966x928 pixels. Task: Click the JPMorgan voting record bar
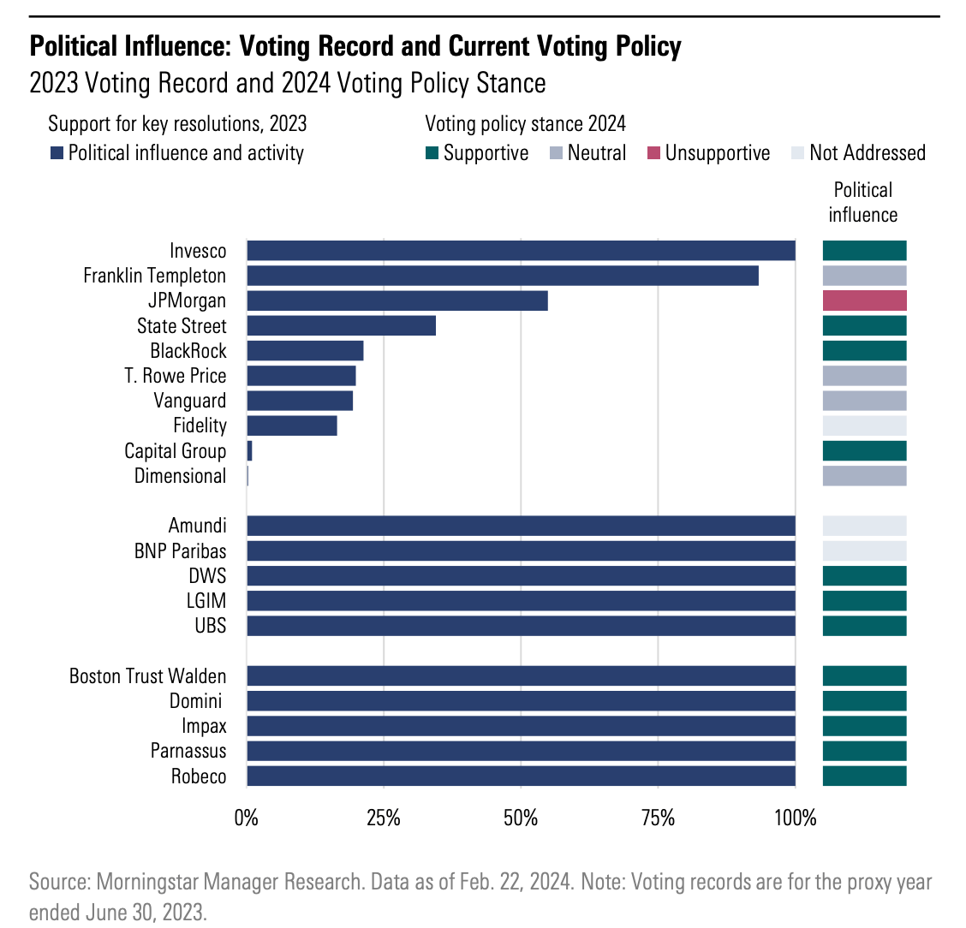click(x=397, y=300)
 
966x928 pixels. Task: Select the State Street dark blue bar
click(x=341, y=325)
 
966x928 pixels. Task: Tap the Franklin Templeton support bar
click(x=503, y=276)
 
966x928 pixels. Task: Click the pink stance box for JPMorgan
click(x=864, y=300)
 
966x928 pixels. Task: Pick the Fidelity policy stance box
click(x=864, y=425)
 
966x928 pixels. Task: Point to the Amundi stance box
click(x=864, y=526)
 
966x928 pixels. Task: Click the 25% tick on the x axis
click(x=384, y=818)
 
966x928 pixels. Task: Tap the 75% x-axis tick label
click(x=658, y=818)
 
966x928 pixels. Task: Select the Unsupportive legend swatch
click(x=654, y=153)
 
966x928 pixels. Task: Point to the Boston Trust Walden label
click(x=147, y=676)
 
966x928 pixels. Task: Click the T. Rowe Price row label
click(x=176, y=376)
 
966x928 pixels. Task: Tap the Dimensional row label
click(x=180, y=476)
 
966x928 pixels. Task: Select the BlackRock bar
click(x=305, y=351)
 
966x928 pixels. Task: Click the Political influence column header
click(x=863, y=202)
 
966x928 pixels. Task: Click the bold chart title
click(x=355, y=45)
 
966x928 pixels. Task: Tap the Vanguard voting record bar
click(x=300, y=401)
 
